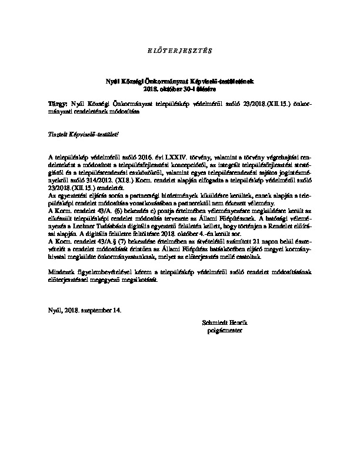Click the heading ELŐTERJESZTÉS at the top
pos(180,48)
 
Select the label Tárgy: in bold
pos(58,103)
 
